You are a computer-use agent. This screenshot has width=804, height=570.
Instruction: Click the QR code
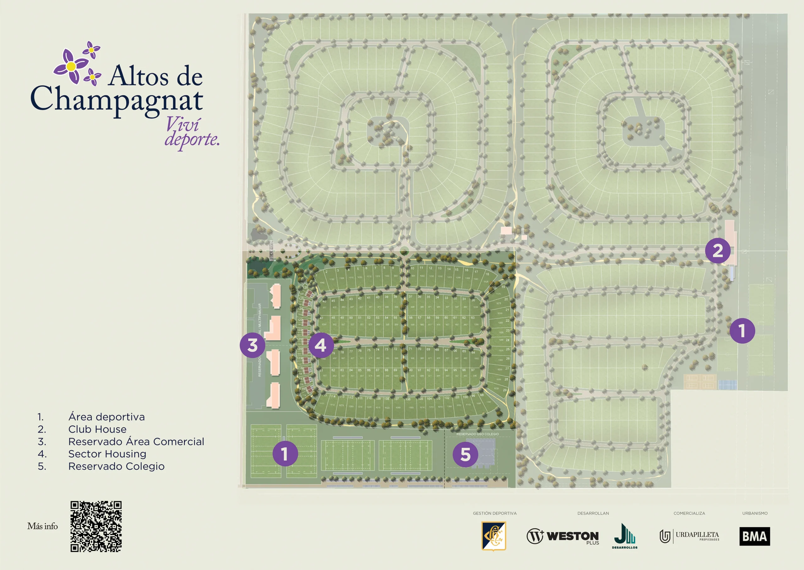(x=96, y=526)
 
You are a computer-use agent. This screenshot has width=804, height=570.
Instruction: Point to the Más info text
(x=42, y=526)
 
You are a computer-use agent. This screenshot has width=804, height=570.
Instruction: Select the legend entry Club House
(x=97, y=429)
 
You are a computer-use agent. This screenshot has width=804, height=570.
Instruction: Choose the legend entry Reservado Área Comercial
(x=136, y=441)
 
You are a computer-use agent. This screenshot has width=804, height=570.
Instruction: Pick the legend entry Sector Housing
(x=107, y=454)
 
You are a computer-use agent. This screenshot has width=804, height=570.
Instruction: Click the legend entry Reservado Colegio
(x=116, y=467)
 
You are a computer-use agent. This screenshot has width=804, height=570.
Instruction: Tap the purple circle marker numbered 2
(x=718, y=251)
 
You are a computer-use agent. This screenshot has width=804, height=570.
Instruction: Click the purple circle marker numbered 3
(x=253, y=345)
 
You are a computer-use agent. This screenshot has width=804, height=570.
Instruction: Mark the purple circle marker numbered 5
(x=465, y=455)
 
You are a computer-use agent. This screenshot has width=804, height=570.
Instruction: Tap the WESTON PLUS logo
(x=563, y=537)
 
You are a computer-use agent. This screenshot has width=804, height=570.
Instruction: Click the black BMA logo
(x=755, y=536)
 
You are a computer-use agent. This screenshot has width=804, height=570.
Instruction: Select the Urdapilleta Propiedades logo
(x=689, y=536)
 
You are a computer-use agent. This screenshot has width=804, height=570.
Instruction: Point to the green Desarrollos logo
(x=625, y=536)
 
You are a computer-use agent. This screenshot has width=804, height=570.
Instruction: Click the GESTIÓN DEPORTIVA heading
(x=494, y=513)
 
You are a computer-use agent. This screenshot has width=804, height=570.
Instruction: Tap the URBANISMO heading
(x=755, y=513)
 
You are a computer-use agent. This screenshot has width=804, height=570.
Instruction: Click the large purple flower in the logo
(x=71, y=66)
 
